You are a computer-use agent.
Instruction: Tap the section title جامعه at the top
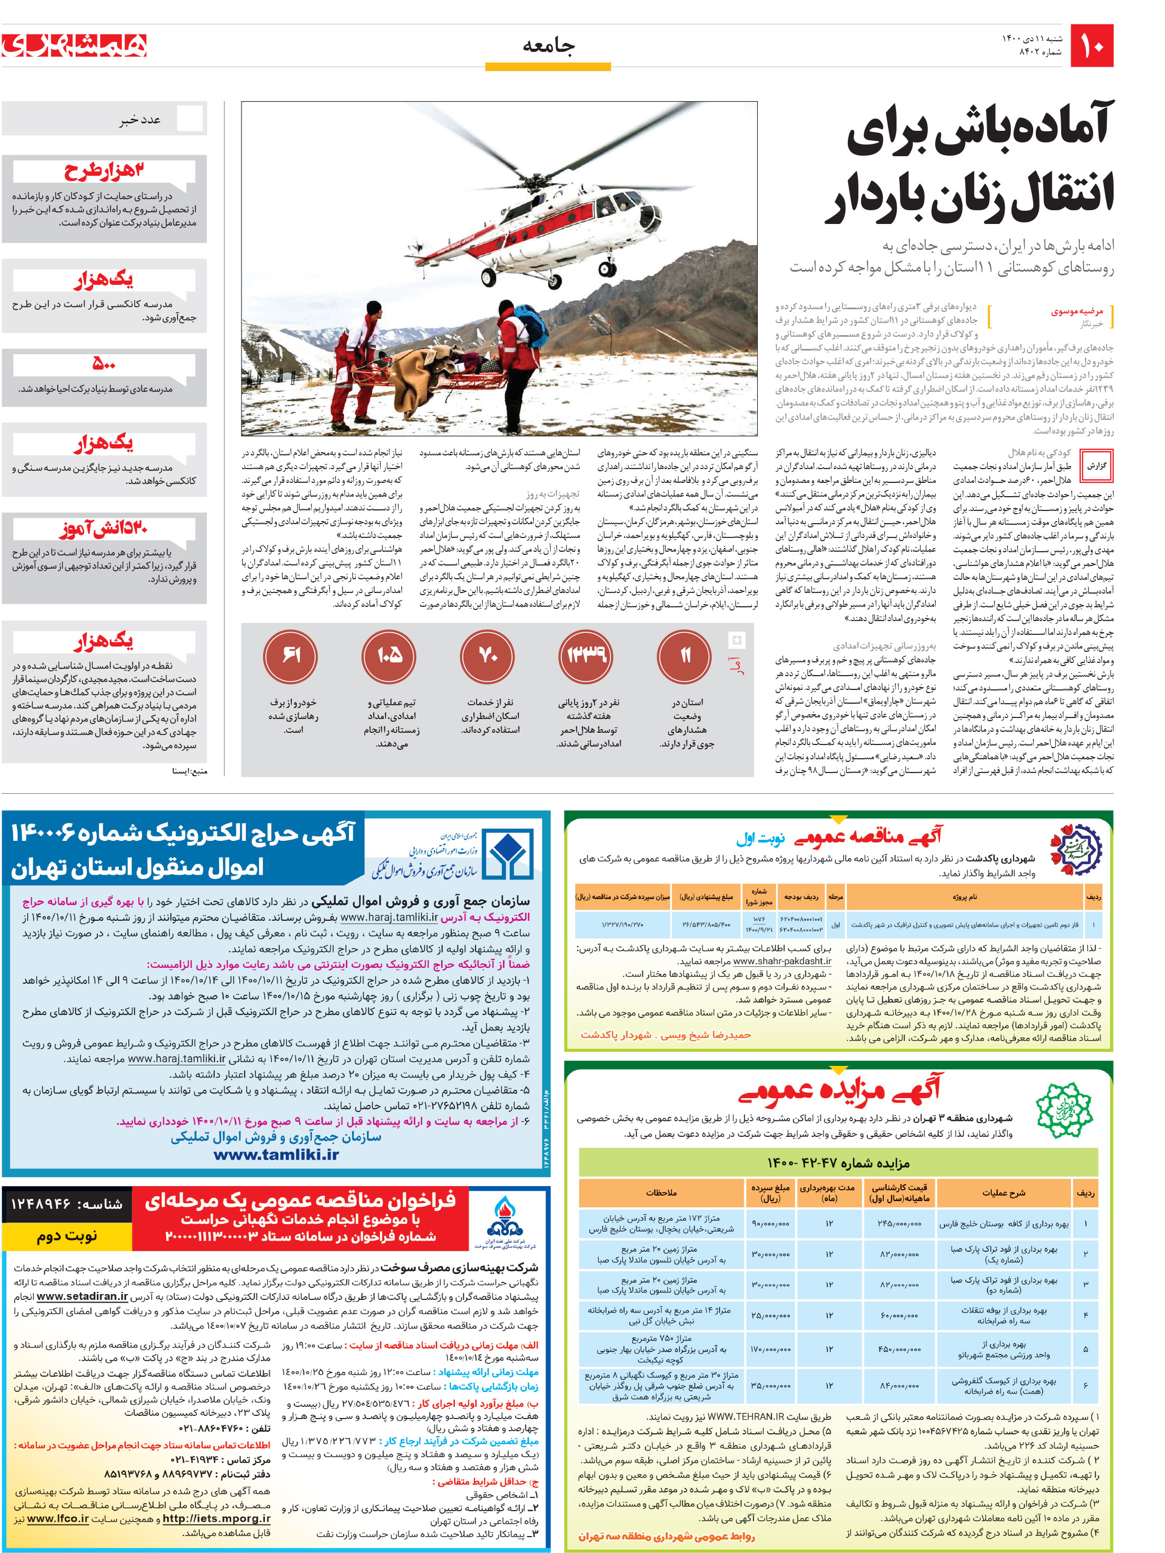point(548,47)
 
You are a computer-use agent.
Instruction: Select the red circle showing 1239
point(586,655)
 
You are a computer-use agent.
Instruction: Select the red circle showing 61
point(291,655)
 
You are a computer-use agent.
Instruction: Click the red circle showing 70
point(487,655)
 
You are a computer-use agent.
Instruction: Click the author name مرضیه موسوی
point(1077,311)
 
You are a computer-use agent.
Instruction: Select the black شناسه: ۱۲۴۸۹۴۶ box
point(67,1204)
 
